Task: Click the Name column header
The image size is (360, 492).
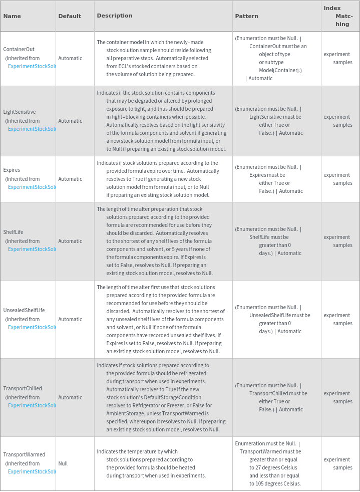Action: pyautogui.click(x=12, y=16)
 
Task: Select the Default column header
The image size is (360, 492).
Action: pyautogui.click(x=70, y=16)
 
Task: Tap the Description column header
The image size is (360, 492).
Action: pyautogui.click(x=115, y=16)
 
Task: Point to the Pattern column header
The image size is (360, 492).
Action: pyautogui.click(x=247, y=16)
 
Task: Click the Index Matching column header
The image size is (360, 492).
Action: pyautogui.click(x=339, y=16)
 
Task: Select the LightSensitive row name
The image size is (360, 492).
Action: pyautogui.click(x=20, y=112)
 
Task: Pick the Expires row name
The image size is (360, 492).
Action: pyautogui.click(x=12, y=170)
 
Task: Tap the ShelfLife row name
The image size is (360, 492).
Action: pyautogui.click(x=13, y=232)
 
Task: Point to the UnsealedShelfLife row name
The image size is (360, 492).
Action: pyautogui.click(x=24, y=310)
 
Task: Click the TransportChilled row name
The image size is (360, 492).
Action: pyautogui.click(x=23, y=388)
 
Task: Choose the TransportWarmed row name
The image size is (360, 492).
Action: pyautogui.click(x=24, y=454)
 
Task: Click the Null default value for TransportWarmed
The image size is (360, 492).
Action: pyautogui.click(x=62, y=463)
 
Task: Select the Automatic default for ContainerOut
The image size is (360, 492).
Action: pyautogui.click(x=70, y=58)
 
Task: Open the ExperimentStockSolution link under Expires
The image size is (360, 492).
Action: pyautogui.click(x=32, y=187)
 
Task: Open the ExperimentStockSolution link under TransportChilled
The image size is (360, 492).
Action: pyautogui.click(x=32, y=405)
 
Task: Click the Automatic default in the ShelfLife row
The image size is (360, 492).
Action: pyautogui.click(x=70, y=241)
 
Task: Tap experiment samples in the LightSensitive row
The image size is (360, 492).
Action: pyautogui.click(x=338, y=121)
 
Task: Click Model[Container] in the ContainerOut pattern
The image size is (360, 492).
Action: pyautogui.click(x=280, y=70)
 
